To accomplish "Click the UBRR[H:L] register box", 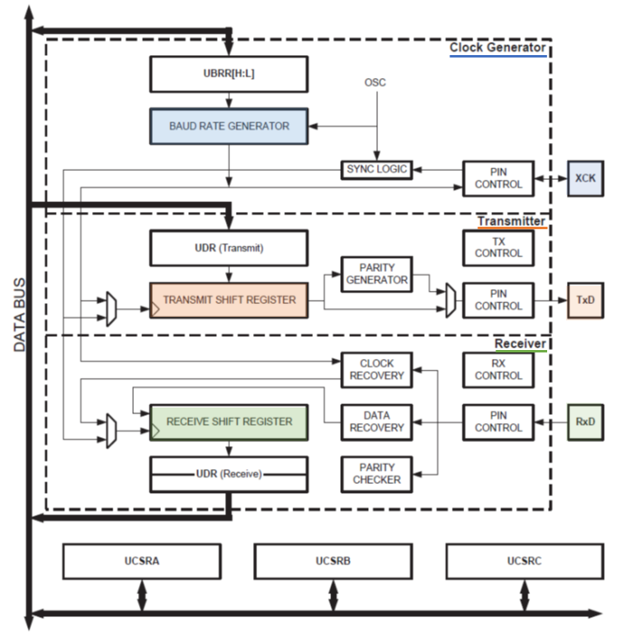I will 228,74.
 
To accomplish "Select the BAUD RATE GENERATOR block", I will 228,126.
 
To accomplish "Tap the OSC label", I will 375,83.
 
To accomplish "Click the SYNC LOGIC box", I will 375,170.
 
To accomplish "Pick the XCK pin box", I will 585,178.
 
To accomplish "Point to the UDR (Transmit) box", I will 228,247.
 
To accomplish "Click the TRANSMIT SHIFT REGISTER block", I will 228,300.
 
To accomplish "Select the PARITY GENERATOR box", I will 376,274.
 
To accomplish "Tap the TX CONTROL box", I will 498,247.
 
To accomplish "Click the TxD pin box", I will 585,300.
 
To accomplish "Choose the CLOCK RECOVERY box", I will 376,370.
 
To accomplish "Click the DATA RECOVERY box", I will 376,421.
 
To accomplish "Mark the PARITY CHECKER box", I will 376,473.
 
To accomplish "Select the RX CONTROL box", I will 498,370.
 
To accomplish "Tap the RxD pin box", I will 585,421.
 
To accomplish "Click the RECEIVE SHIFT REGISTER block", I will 228,421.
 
